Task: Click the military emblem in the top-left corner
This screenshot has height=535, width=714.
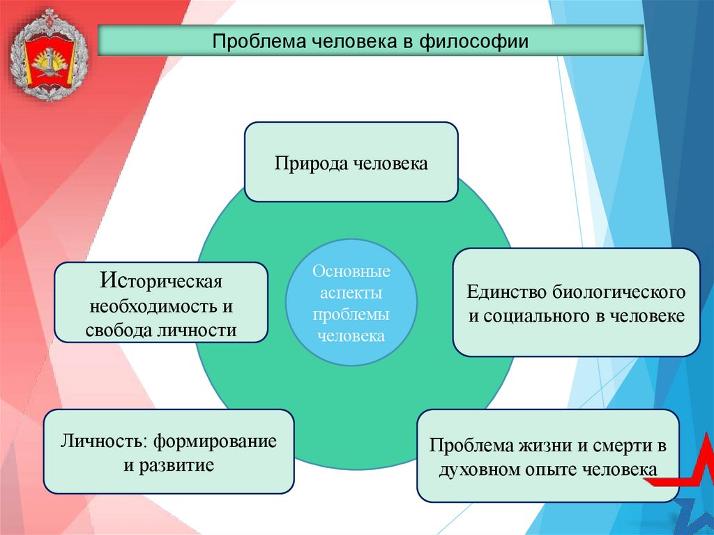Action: [x=47, y=54]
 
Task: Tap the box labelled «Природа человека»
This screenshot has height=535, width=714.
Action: [x=351, y=162]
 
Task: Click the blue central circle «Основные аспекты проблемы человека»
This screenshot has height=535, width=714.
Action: [x=351, y=302]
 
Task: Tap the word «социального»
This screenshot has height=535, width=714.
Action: [x=532, y=315]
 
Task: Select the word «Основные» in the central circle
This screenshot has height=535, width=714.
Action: [x=351, y=270]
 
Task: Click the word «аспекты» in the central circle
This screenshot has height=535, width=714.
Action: [x=351, y=292]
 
